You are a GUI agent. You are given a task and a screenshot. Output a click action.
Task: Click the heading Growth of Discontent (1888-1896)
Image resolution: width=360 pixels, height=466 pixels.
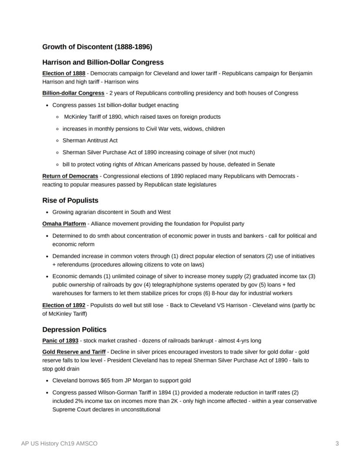97,47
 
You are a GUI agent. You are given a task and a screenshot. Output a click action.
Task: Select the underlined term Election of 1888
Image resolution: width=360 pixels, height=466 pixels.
63,73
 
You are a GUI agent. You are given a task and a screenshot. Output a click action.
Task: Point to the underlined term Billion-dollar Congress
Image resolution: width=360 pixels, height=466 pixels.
73,93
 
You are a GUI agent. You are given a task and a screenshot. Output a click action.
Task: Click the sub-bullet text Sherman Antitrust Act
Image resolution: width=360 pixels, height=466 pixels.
90,141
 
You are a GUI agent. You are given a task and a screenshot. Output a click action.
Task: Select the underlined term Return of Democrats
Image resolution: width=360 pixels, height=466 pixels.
70,176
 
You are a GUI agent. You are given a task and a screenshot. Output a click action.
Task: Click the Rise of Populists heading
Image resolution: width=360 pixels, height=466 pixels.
70,201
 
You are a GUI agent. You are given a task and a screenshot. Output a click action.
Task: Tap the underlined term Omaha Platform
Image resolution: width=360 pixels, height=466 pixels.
64,224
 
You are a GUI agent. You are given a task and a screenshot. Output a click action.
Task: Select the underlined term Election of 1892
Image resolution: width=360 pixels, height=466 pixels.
63,305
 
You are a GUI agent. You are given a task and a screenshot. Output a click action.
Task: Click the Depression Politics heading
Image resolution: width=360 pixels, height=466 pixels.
74,329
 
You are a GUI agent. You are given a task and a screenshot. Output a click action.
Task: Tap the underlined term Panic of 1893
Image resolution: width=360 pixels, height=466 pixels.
60,341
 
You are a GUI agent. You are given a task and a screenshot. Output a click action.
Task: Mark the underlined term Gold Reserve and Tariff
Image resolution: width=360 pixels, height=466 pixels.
73,352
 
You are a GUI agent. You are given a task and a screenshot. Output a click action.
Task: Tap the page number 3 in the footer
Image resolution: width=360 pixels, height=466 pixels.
337,443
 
